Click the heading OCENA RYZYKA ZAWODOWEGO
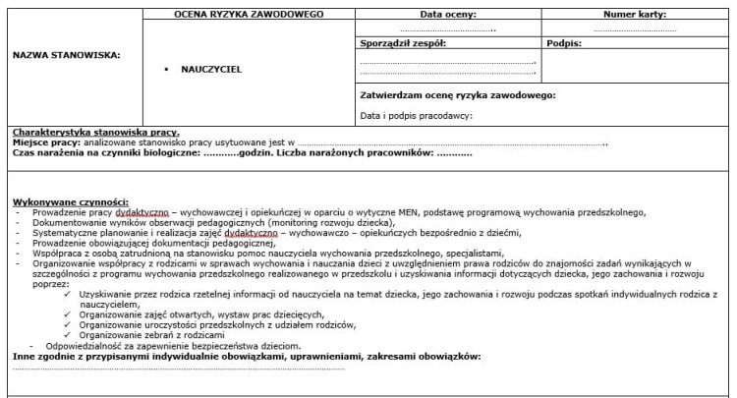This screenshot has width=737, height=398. pos(250,15)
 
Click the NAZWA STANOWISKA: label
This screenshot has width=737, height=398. pos(66,55)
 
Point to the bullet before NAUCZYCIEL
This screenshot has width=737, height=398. pos(168,70)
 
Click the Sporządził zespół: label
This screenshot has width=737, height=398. pos(403,43)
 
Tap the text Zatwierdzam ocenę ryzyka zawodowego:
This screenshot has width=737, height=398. pos(458,95)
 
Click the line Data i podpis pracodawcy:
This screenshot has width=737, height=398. pos(416,116)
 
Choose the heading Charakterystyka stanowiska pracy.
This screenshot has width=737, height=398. pos(96,132)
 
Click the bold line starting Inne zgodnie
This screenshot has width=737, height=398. pos(247,356)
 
